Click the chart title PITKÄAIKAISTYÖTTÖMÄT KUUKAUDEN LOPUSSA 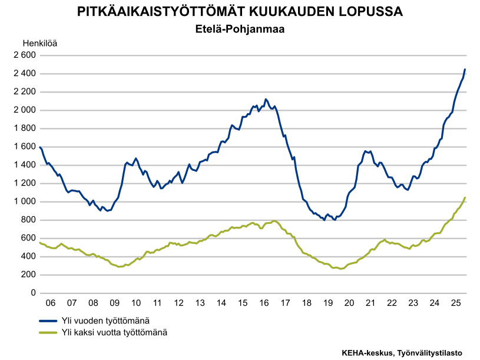[240, 12]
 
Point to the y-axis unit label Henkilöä [40, 43]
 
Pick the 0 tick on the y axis [34, 293]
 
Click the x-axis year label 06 [51, 303]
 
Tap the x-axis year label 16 [264, 303]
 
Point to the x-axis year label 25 [455, 303]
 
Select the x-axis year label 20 [349, 303]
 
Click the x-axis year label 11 [157, 303]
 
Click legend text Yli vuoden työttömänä [105, 321]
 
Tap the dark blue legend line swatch [48, 321]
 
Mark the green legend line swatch [48, 332]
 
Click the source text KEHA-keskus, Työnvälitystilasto [402, 352]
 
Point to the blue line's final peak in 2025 [465, 70]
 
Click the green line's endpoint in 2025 [465, 198]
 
